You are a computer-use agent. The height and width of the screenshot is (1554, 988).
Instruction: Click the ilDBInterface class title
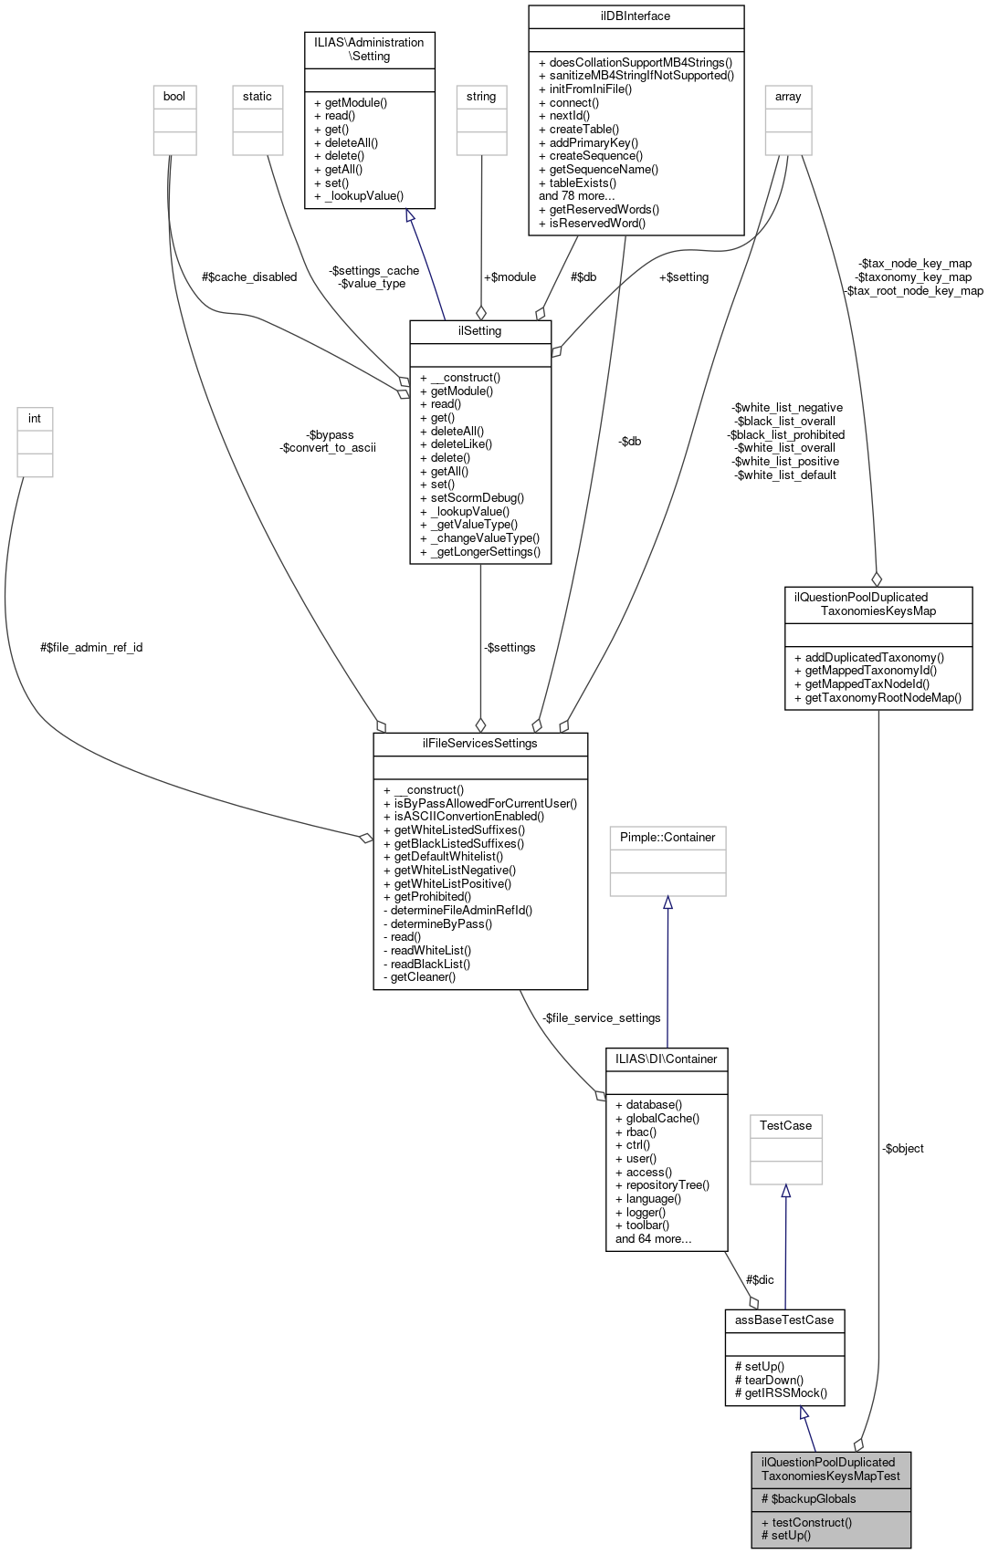(x=636, y=16)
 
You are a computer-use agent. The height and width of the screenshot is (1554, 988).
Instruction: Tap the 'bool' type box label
(x=174, y=96)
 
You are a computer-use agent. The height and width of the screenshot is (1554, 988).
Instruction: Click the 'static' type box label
(x=258, y=96)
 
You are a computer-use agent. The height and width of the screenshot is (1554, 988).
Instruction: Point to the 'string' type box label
(x=481, y=96)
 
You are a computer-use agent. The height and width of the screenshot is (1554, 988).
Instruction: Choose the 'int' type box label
(x=35, y=418)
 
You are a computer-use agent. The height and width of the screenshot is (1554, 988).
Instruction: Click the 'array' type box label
(x=788, y=96)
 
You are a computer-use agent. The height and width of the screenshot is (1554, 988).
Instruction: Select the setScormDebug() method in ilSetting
(x=477, y=497)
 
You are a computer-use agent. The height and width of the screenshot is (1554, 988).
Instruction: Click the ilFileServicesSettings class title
(x=479, y=743)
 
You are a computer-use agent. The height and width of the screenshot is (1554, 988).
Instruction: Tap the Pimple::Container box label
(x=667, y=837)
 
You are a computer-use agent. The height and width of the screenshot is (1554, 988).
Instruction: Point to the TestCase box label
(x=785, y=1125)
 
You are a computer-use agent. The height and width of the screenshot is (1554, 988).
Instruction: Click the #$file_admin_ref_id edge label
(x=91, y=647)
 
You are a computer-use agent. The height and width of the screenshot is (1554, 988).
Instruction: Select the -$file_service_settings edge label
(x=601, y=1017)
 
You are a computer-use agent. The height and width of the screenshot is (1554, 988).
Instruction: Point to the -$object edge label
(x=903, y=1148)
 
